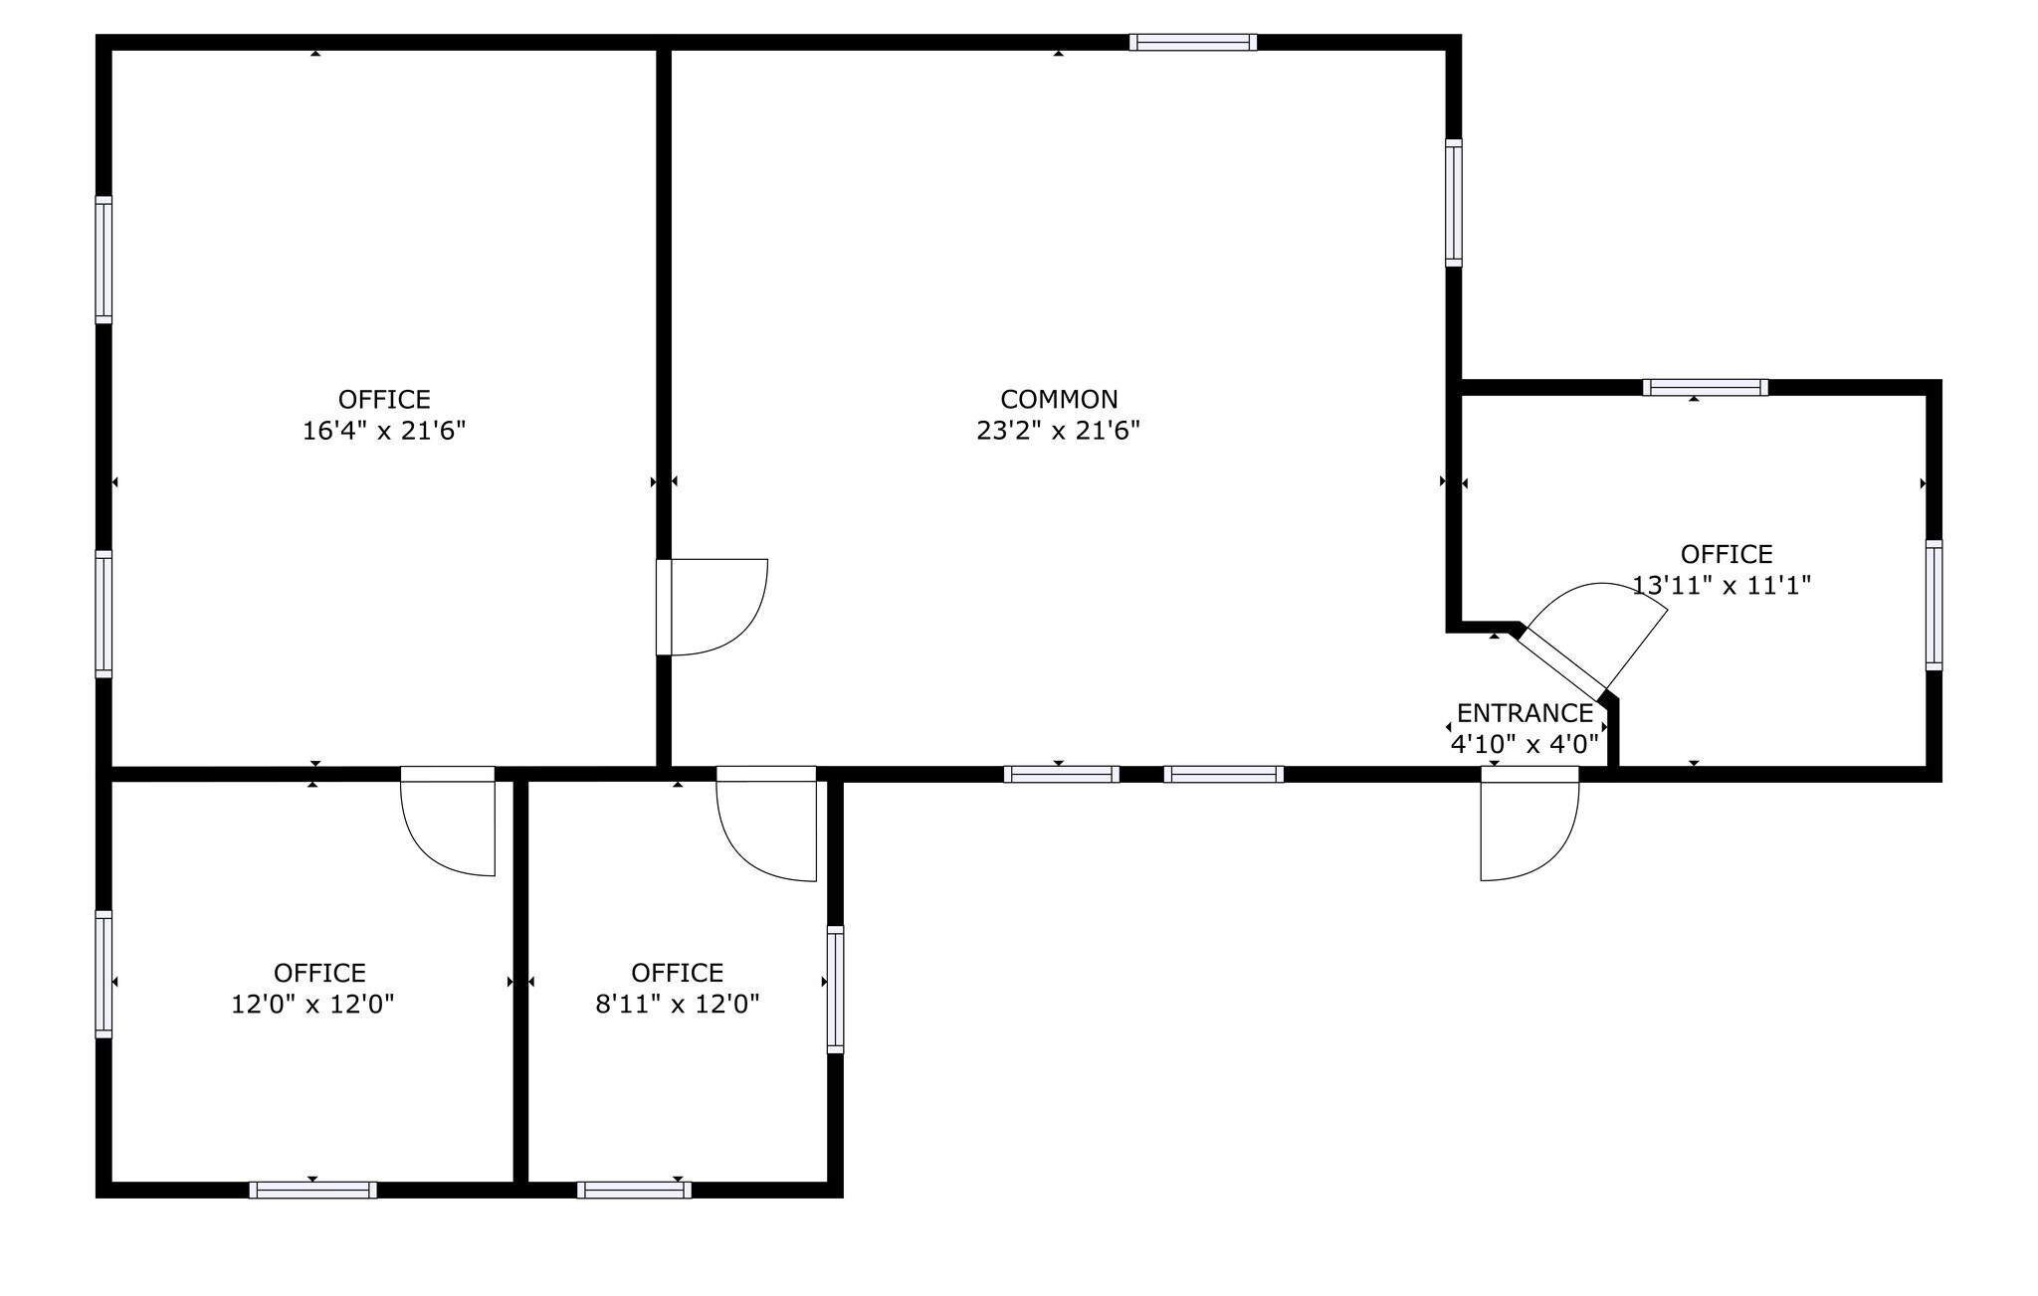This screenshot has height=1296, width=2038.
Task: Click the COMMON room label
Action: click(x=1059, y=400)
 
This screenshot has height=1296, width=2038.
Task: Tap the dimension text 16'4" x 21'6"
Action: click(x=384, y=432)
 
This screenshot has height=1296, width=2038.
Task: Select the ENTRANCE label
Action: click(x=1525, y=713)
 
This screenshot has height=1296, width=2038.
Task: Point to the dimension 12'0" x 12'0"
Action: click(x=312, y=1005)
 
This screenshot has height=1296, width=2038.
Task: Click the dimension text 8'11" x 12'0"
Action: click(x=678, y=1005)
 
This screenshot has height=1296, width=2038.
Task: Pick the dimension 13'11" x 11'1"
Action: click(x=1722, y=586)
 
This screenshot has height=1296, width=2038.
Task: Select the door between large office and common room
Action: click(x=713, y=607)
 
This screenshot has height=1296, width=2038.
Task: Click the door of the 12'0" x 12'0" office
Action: click(x=448, y=822)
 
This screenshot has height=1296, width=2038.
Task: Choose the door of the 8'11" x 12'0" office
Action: click(x=766, y=824)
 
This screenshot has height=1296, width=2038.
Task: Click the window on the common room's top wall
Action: click(x=1193, y=42)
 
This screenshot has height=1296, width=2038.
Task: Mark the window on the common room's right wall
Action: click(x=1454, y=203)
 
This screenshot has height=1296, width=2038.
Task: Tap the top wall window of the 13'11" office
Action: click(x=1706, y=388)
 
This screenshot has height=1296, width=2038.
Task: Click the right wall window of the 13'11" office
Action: click(x=1934, y=605)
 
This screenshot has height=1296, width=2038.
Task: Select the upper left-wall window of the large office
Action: click(x=103, y=260)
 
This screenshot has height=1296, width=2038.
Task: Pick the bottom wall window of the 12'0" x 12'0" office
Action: click(x=312, y=1190)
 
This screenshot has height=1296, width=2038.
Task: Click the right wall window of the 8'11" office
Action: click(x=835, y=990)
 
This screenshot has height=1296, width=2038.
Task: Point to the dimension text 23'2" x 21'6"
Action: click(x=1059, y=432)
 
